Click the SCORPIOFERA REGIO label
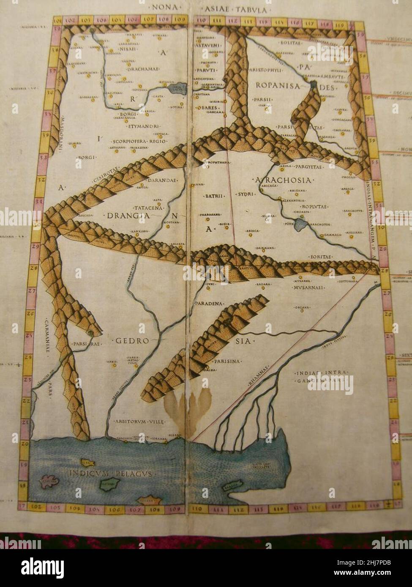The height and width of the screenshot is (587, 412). point(140,141)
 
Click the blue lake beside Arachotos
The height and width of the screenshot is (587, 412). point(303,224)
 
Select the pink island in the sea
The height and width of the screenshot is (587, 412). point(49,480)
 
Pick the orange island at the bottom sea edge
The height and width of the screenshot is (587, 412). point(150,500)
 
